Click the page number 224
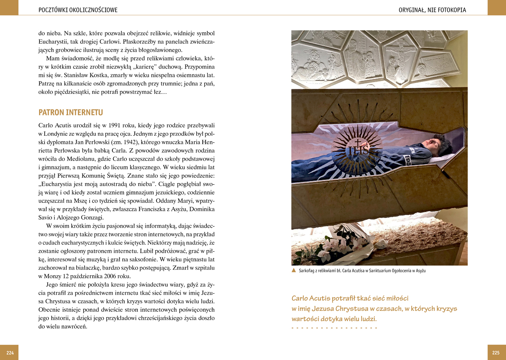10,353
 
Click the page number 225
496,353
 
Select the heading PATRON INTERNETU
70,112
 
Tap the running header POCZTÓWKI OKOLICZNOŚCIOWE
78,10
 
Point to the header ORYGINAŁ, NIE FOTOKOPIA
432,10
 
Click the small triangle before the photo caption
294,270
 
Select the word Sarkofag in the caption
306,270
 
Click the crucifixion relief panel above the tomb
400,58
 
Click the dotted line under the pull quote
334,328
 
